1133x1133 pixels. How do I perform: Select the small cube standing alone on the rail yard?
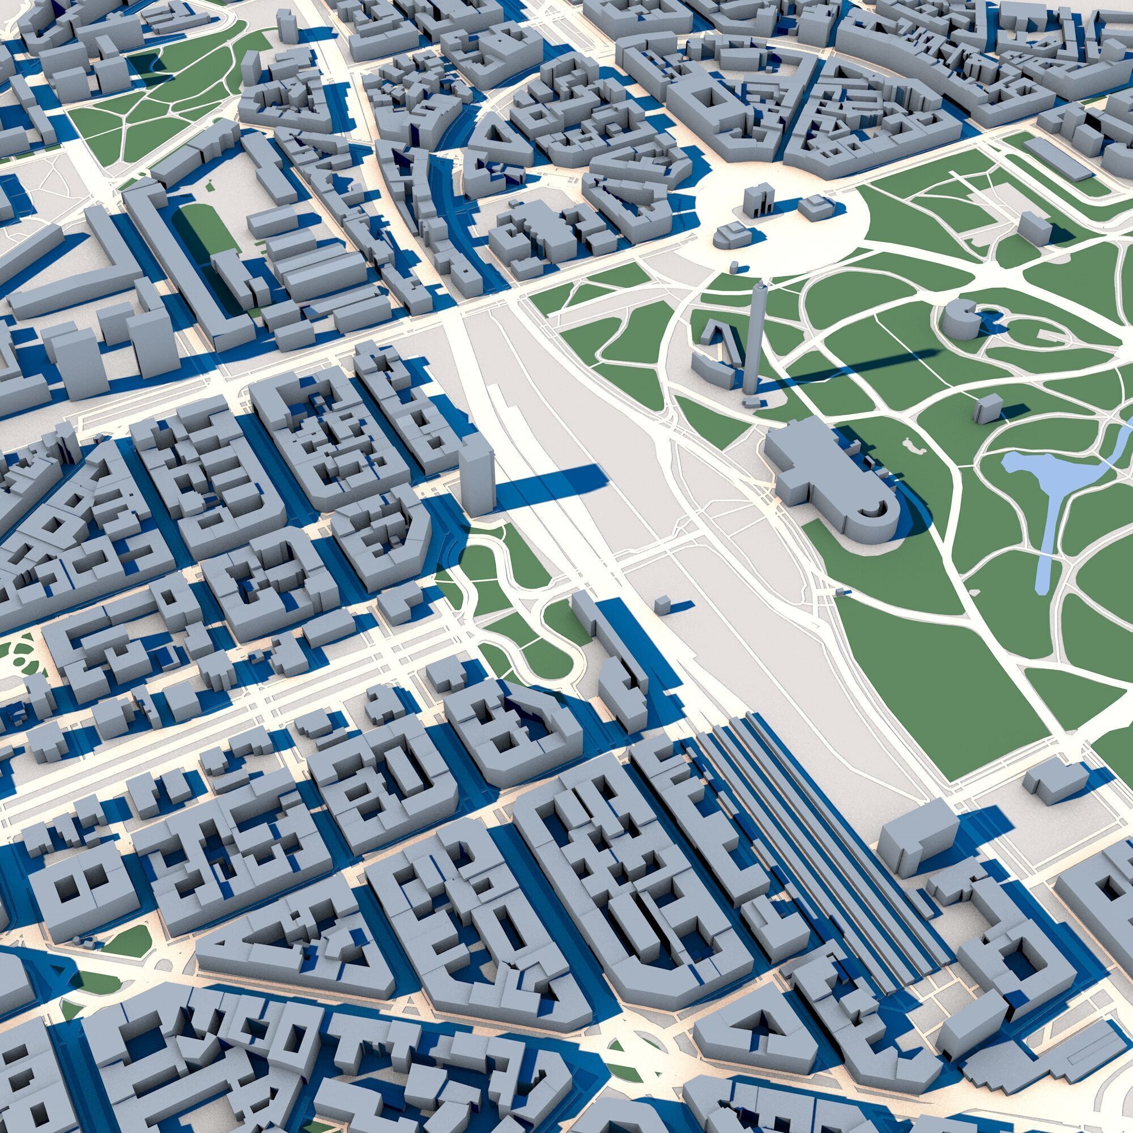click(662, 604)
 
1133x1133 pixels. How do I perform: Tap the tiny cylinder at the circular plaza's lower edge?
click(734, 267)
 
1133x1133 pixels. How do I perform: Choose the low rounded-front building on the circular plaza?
click(730, 236)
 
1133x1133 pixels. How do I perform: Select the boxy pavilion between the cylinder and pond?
click(987, 407)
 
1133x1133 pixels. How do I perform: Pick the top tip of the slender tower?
click(761, 285)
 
